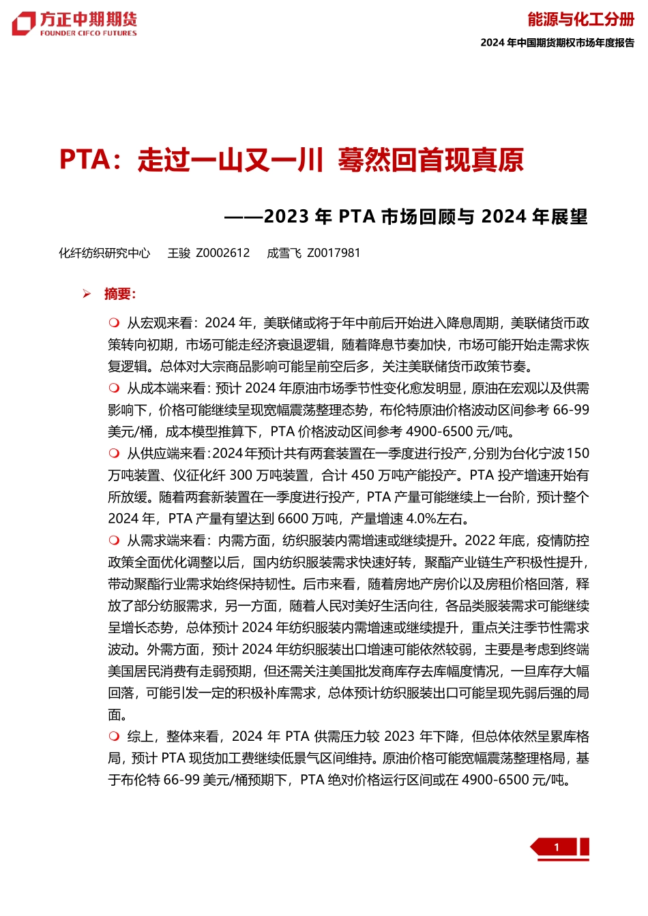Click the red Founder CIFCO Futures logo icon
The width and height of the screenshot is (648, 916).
click(x=23, y=24)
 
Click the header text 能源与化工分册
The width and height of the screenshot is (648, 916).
click(x=580, y=19)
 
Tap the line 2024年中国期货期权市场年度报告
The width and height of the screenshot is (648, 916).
click(x=557, y=42)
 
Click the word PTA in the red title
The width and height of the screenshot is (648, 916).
click(x=85, y=159)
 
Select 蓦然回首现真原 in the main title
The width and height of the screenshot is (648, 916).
click(x=430, y=159)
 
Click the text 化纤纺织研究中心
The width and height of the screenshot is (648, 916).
click(x=104, y=253)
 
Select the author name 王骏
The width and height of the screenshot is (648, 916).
click(x=179, y=253)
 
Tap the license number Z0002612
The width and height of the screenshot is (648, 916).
click(x=223, y=253)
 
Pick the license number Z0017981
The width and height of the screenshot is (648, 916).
click(x=334, y=253)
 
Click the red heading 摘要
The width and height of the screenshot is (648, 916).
click(x=119, y=294)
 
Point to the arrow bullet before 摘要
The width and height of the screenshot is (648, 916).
click(x=87, y=294)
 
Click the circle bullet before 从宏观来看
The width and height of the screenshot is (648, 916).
click(x=114, y=322)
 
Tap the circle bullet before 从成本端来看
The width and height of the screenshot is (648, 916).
click(x=114, y=388)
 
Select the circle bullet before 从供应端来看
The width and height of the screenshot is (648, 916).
click(x=114, y=453)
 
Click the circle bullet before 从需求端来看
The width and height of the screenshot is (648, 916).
click(x=114, y=540)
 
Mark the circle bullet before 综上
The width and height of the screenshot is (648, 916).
click(x=114, y=736)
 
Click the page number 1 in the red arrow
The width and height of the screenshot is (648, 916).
click(x=557, y=847)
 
